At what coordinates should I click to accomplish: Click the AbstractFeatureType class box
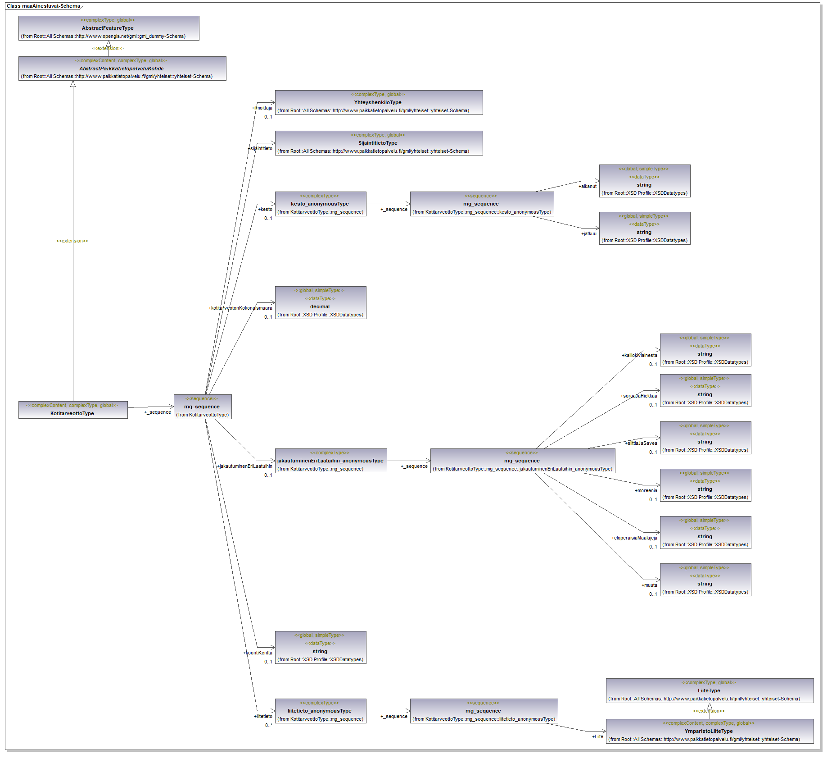coord(109,28)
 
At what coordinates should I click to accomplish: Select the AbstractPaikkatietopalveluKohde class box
coord(122,69)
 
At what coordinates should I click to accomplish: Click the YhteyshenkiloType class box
coord(379,102)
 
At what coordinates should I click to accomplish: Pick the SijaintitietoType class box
coord(379,143)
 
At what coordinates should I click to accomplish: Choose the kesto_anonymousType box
coord(320,204)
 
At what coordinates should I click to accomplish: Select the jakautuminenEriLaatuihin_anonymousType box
coord(330,461)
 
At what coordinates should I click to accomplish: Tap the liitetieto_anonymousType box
coord(320,711)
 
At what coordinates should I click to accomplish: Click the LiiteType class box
coord(709,690)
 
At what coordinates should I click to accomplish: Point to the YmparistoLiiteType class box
coord(709,731)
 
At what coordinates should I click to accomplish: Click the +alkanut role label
coord(588,186)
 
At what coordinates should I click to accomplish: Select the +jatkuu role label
coord(589,233)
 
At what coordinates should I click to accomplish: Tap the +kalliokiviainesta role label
coord(639,355)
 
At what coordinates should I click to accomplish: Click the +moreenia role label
coord(646,490)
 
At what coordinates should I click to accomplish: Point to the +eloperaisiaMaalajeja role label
coord(634,538)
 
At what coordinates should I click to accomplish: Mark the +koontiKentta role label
coord(258,653)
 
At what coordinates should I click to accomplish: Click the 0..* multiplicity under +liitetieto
coord(269,725)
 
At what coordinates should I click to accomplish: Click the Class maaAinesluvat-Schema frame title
coord(43,6)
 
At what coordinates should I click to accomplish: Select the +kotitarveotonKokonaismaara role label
coord(240,308)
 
